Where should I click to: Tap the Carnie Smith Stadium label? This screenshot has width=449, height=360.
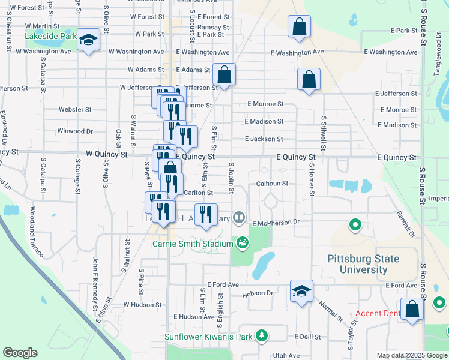click(192, 244)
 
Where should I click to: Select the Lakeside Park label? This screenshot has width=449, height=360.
click(50, 37)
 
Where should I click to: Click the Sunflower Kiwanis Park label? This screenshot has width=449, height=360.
click(208, 337)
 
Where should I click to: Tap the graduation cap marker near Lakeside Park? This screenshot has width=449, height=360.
click(89, 40)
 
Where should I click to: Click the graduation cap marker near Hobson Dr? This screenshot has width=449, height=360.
click(301, 292)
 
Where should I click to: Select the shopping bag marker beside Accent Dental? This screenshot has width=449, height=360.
click(412, 310)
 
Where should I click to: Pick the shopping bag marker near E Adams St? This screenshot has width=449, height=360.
click(224, 75)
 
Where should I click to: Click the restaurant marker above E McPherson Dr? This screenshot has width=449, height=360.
click(205, 214)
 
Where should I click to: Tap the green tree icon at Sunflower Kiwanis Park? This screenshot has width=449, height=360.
click(261, 335)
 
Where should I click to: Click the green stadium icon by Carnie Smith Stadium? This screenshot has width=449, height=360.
click(243, 243)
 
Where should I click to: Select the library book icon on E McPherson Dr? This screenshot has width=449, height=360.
click(239, 217)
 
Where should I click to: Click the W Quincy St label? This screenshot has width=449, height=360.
click(106, 155)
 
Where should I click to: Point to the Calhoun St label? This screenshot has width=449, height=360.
click(272, 184)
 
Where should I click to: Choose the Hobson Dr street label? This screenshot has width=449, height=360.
click(258, 293)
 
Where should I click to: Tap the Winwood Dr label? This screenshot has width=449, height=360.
click(75, 131)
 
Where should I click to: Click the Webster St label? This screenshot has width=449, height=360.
click(75, 110)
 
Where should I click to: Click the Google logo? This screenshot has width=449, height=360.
click(20, 353)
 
